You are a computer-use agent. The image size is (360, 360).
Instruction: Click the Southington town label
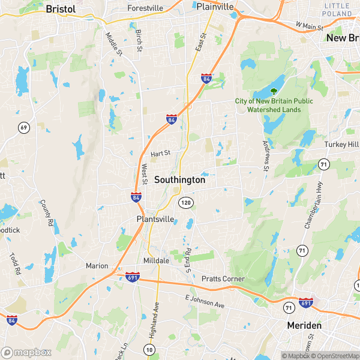[x=179, y=179]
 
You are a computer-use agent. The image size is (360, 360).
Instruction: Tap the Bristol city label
[x=61, y=10]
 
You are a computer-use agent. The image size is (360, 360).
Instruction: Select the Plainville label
[x=215, y=7]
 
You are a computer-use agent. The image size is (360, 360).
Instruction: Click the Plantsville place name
[x=155, y=219]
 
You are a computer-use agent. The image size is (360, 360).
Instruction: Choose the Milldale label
[x=158, y=261]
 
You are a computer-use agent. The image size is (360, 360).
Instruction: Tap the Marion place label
[x=97, y=266]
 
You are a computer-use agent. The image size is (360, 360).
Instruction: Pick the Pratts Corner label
[x=223, y=279]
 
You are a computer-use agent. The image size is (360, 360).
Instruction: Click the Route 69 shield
[x=24, y=127]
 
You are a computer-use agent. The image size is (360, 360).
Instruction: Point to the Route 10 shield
[x=149, y=349]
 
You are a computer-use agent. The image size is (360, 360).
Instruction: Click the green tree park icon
[x=274, y=92]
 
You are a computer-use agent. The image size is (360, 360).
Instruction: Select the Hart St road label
[x=161, y=154]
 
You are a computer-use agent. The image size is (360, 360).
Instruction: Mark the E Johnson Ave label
[x=204, y=302]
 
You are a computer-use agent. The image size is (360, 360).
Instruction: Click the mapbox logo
[x=27, y=352]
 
